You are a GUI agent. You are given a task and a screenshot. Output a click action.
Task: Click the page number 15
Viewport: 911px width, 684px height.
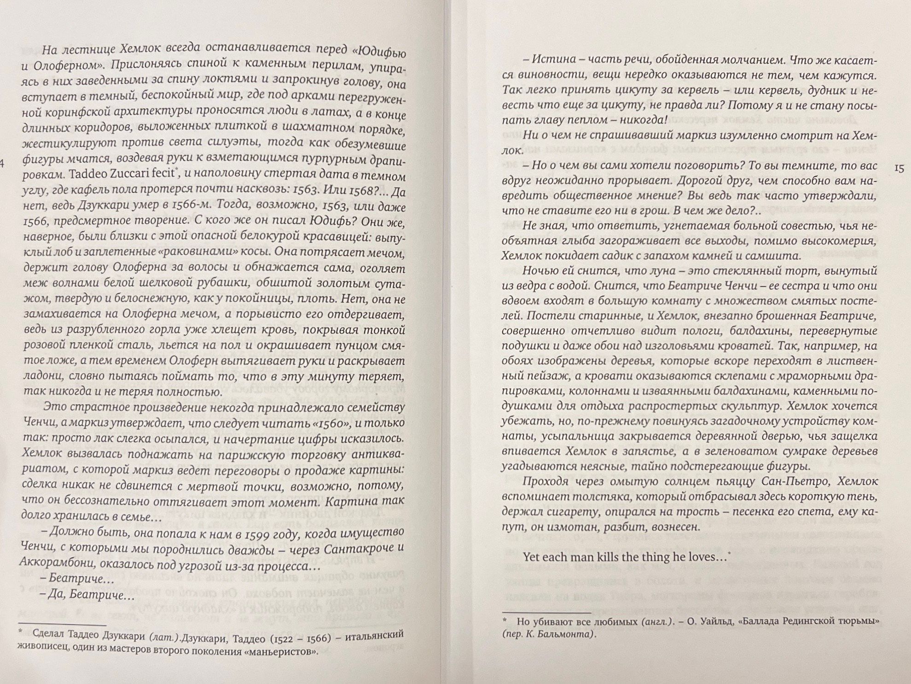[x=899, y=168]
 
